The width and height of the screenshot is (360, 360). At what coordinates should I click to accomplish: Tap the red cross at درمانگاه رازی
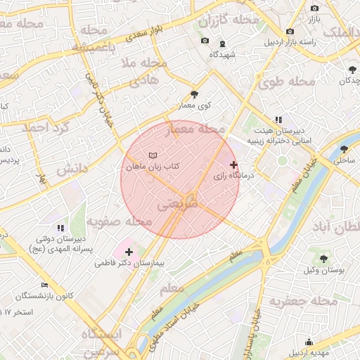click(234, 165)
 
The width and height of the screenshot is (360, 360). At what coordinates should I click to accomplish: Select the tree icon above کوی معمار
click(194, 94)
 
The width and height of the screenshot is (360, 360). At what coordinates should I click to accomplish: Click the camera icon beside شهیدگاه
click(205, 40)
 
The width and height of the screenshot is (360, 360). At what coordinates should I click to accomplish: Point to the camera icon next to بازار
click(314, 8)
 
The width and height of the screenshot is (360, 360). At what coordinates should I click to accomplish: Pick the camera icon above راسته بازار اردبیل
click(290, 32)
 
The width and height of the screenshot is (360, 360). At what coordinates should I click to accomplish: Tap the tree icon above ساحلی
click(344, 149)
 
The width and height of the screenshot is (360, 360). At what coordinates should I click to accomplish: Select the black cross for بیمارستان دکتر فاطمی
click(129, 252)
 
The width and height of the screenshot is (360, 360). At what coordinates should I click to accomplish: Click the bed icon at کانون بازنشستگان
click(44, 285)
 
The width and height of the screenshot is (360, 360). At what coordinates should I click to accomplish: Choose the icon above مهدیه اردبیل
click(309, 342)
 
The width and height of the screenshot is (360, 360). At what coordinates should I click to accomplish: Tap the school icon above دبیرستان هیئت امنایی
click(278, 120)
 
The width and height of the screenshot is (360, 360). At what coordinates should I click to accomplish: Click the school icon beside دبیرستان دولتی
click(60, 228)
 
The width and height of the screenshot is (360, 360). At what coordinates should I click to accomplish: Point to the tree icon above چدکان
click(352, 69)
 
